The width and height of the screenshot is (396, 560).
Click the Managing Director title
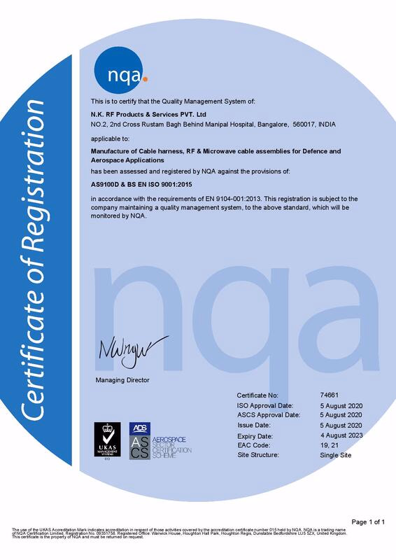tap(122, 379)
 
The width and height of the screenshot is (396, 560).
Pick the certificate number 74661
tap(328, 395)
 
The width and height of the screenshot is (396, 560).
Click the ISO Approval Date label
tap(265, 405)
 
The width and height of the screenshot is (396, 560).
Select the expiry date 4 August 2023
tap(341, 435)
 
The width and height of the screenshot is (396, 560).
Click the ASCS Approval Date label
tap(269, 415)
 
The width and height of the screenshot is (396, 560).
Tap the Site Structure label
tap(259, 454)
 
